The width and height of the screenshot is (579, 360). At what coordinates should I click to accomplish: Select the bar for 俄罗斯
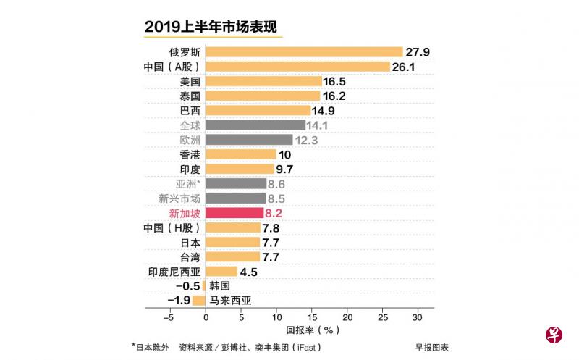click(304, 51)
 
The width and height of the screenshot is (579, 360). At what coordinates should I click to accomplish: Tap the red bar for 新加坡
click(234, 213)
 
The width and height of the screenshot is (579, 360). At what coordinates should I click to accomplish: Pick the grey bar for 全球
click(255, 125)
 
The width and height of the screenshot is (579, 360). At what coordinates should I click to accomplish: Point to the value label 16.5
click(339, 81)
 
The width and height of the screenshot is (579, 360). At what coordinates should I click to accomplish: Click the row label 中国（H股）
click(173, 227)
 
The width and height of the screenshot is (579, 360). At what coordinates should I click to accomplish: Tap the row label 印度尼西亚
click(174, 272)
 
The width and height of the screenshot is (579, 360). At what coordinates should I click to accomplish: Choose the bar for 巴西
click(258, 110)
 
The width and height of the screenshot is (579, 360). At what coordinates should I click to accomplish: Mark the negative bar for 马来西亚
click(199, 301)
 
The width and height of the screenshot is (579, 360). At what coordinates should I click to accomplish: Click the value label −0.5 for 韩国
click(187, 286)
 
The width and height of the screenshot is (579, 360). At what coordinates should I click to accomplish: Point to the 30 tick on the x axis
click(417, 317)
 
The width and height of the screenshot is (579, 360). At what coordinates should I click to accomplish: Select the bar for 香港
click(241, 154)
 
